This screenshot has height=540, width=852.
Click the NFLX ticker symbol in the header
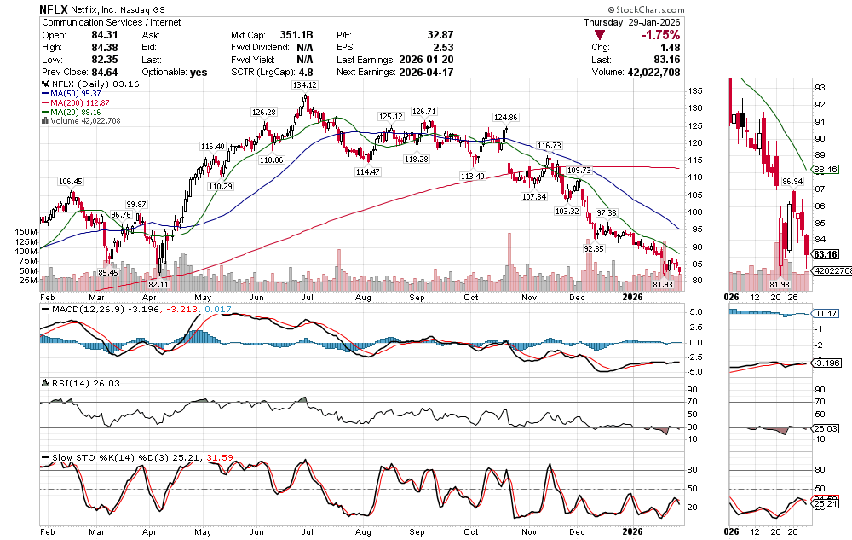coord(55,9)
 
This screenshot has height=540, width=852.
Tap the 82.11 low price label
coord(159,283)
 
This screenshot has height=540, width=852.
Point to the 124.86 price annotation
coord(506,117)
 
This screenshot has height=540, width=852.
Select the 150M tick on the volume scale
coord(26,231)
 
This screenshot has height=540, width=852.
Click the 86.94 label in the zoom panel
coord(792,182)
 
